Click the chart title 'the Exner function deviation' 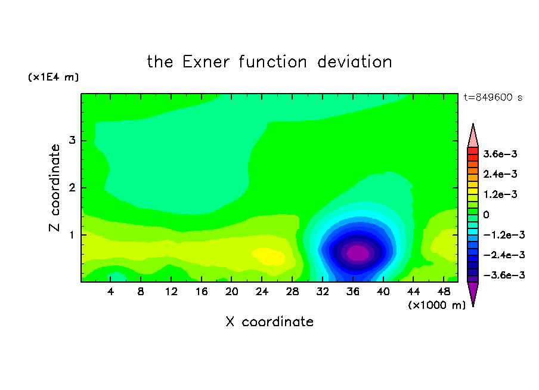pos(269,62)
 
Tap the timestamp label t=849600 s pos(493,98)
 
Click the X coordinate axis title pos(269,321)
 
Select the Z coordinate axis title pos(54,187)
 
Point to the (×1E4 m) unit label pos(53,77)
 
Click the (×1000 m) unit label pos(437,305)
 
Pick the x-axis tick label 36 pos(353,292)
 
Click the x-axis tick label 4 pos(110,292)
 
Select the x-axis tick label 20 pos(232,292)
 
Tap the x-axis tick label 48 pos(444,292)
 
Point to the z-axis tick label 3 pos(72,140)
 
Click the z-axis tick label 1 pos(72,235)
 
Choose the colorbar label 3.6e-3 pos(500,154)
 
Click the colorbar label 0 pos(486,215)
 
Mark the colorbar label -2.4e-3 pos(504,255)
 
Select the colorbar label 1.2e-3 pos(500,194)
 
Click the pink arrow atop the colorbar pos(473,136)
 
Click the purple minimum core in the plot pos(358,253)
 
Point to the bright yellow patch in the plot pos(268,256)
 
